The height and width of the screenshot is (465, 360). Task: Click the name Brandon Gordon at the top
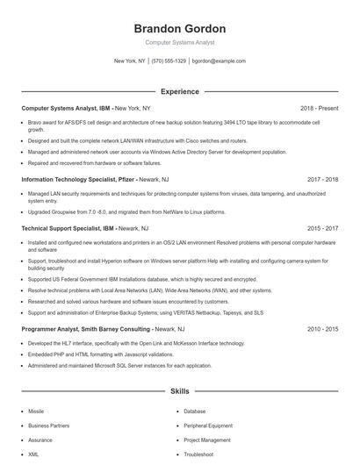pos(179,28)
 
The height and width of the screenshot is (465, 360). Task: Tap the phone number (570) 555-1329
pos(169,61)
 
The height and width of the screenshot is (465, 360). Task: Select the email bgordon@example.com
pos(219,61)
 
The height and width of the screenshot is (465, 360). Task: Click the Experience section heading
pos(179,91)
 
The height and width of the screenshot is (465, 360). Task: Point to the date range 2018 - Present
pos(319,108)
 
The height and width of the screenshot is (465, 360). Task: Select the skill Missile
pos(36,411)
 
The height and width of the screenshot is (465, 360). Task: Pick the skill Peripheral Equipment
pos(207,426)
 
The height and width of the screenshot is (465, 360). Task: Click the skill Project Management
pos(207,440)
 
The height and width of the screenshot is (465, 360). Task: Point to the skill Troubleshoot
pos(198,454)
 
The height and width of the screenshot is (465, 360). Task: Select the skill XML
pos(33,454)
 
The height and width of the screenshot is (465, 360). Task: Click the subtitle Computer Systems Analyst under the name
pos(179,42)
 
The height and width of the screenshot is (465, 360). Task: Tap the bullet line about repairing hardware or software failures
pos(94,162)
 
